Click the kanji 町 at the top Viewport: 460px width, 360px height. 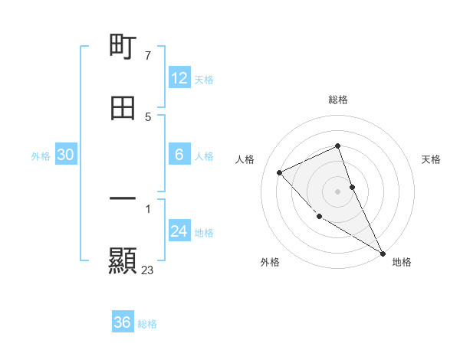pos(123,47)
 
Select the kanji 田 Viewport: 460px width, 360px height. pos(123,108)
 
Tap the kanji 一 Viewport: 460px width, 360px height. pos(123,198)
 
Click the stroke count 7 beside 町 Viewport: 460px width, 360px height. pos(147,56)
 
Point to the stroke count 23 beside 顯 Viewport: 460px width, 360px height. pos(148,270)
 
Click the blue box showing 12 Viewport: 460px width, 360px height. pos(179,78)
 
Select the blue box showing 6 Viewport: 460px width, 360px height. pos(179,155)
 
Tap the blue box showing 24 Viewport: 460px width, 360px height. pos(179,231)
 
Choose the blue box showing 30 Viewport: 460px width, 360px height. pos(66,155)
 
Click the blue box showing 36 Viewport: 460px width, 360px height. pos(123,322)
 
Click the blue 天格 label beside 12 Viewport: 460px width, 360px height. pos(204,79)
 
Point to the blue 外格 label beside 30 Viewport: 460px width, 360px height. pos(41,155)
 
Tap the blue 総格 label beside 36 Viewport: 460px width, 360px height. pos(147,323)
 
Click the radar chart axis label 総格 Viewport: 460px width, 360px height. pos(338,100)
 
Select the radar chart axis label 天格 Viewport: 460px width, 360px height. pos(432,159)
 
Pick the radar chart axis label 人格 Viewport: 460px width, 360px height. pos(245,159)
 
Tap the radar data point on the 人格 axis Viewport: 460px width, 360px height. pos(280,172)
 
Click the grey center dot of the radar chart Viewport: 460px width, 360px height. pos(338,191)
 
